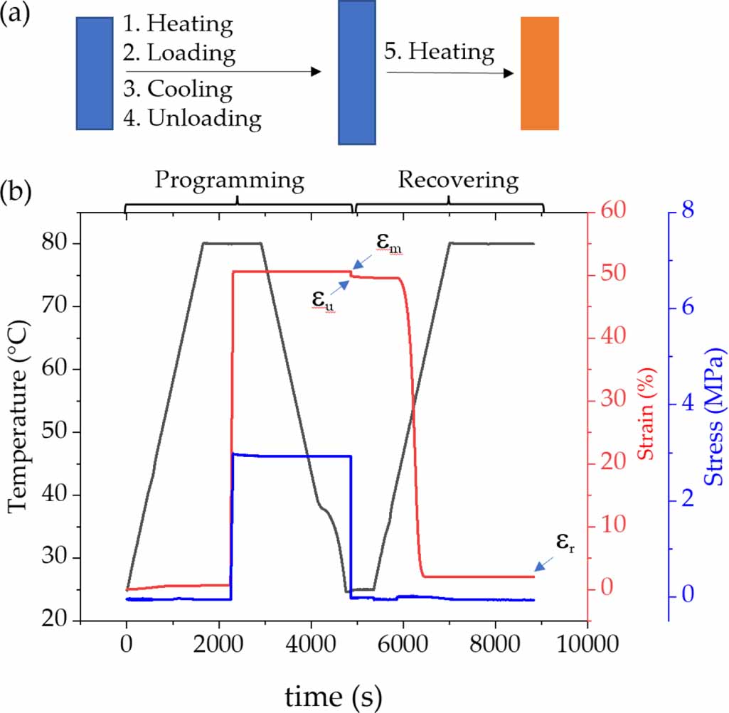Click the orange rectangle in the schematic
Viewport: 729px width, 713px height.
(x=540, y=73)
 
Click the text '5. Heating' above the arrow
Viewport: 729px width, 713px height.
(x=440, y=52)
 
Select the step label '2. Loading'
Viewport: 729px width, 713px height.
(x=180, y=53)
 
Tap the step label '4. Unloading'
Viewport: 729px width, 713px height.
(x=192, y=118)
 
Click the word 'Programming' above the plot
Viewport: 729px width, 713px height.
(x=230, y=180)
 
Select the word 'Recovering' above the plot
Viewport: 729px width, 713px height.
(x=458, y=180)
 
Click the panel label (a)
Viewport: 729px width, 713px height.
(x=15, y=15)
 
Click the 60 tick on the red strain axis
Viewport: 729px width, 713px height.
(x=613, y=211)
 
